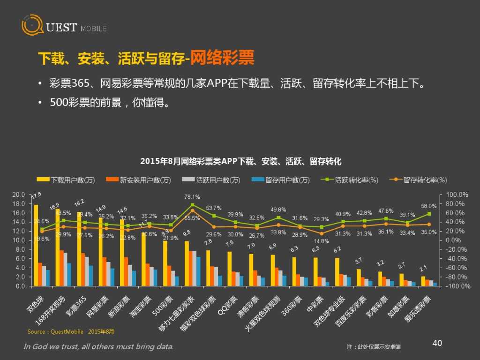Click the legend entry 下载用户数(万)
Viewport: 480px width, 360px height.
(x=67, y=180)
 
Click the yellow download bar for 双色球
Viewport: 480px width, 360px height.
(x=36, y=245)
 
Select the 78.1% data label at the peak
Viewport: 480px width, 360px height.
(x=192, y=197)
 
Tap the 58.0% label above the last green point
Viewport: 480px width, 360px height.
(x=429, y=206)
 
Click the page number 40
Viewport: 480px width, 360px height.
(x=437, y=343)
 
